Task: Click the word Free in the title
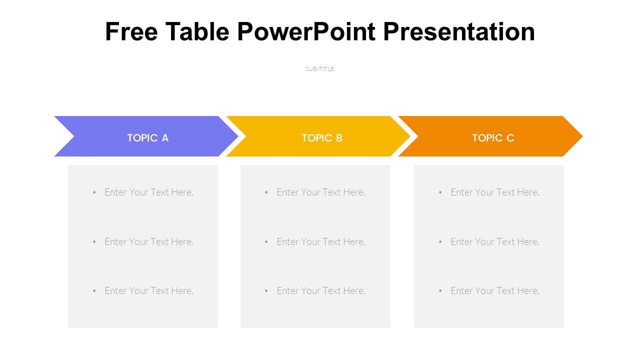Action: coord(131,31)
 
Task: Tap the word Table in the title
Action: coord(197,31)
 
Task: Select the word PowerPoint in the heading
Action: coord(306,31)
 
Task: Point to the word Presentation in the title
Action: coord(459,31)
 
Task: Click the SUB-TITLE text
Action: coord(319,69)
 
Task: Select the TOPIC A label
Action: coord(147,138)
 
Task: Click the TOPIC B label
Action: coord(322,138)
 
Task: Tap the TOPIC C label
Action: coord(493,138)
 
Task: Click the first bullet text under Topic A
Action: coord(149,192)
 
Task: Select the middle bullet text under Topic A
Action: coord(149,241)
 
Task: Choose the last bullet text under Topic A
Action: coord(149,290)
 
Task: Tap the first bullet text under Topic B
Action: coord(321,192)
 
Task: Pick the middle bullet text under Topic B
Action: coord(321,241)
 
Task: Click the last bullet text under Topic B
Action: coord(321,290)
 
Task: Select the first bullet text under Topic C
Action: coord(495,192)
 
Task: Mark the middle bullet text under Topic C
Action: coord(495,241)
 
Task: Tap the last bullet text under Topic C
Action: coord(495,290)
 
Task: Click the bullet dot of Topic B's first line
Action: coord(266,192)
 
